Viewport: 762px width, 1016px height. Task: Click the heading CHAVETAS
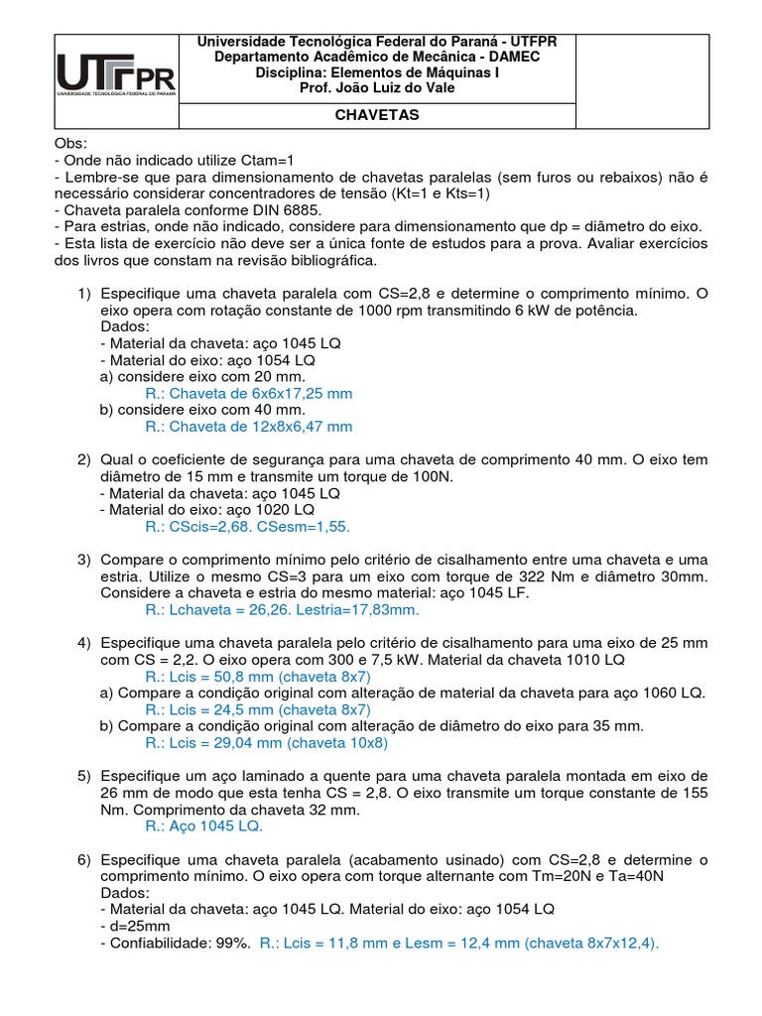click(x=377, y=115)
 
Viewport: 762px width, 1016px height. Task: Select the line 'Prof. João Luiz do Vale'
click(x=377, y=87)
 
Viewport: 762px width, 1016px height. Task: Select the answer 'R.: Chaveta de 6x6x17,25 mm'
click(x=248, y=393)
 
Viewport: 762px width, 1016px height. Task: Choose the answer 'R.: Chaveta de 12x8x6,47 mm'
click(x=248, y=427)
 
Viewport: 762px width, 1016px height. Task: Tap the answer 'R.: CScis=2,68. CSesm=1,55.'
click(x=247, y=527)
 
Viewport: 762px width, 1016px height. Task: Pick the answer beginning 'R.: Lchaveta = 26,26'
click(x=282, y=609)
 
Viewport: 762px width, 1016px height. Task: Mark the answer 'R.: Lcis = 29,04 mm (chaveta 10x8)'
click(x=265, y=742)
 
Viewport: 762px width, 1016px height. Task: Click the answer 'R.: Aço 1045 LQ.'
click(x=203, y=825)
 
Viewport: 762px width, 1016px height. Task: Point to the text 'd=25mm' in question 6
click(x=132, y=926)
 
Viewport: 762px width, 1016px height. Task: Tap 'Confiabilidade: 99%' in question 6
click(x=175, y=943)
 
